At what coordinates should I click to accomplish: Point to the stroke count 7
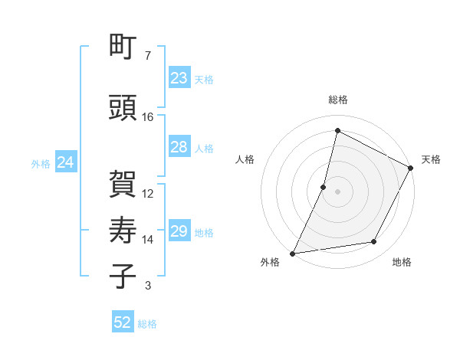point(148,56)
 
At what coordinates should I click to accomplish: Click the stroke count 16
point(148,117)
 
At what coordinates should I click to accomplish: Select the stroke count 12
point(148,194)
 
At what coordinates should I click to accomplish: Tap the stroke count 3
point(148,286)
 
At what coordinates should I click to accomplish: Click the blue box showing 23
point(179,77)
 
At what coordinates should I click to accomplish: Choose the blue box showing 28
point(179,147)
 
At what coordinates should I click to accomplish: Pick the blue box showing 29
point(179,231)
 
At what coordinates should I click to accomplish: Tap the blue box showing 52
point(123,322)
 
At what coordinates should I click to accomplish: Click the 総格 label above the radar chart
point(338,100)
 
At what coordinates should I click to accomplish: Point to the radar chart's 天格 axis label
point(431,159)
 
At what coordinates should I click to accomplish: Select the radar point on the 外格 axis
point(292,254)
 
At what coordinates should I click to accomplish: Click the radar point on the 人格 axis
point(324,187)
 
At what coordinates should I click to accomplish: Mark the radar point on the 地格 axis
point(374,242)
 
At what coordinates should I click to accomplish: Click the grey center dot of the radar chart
point(337,191)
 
